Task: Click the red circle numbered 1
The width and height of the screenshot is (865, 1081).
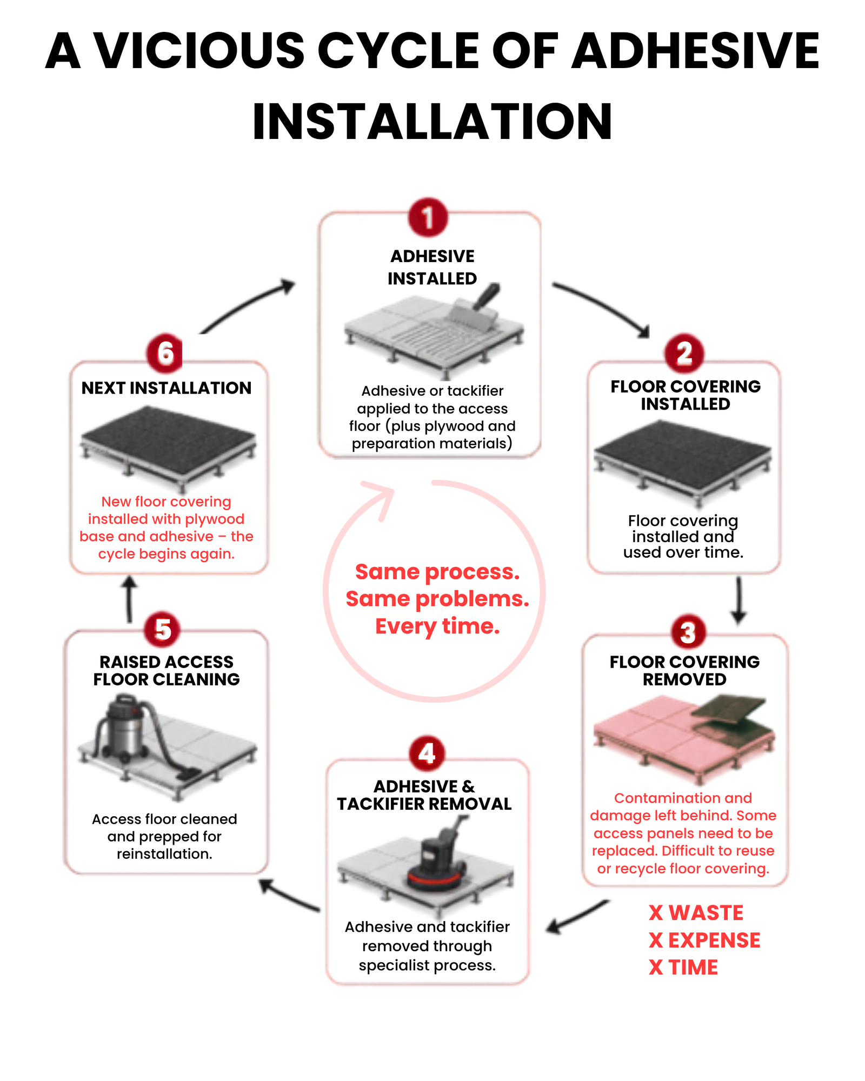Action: pyautogui.click(x=428, y=217)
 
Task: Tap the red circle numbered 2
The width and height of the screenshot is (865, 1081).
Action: pyautogui.click(x=684, y=353)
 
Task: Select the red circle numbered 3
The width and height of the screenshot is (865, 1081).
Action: pyautogui.click(x=688, y=632)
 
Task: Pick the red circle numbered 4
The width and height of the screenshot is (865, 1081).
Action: pyautogui.click(x=427, y=753)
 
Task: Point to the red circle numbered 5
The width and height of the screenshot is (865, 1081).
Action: pyautogui.click(x=162, y=629)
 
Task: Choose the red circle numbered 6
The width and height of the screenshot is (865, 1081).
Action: pyautogui.click(x=165, y=353)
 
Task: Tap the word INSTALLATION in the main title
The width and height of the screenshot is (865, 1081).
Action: pyautogui.click(x=432, y=122)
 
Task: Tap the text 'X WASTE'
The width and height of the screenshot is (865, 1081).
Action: pyautogui.click(x=696, y=913)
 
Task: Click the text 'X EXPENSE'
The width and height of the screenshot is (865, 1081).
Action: pyautogui.click(x=704, y=940)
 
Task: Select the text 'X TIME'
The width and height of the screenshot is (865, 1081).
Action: pyautogui.click(x=683, y=967)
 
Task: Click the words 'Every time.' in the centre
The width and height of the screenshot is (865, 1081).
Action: pyautogui.click(x=437, y=626)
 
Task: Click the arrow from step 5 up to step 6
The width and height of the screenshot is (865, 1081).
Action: pyautogui.click(x=129, y=599)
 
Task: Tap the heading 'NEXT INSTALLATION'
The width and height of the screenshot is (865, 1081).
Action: pyautogui.click(x=167, y=388)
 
